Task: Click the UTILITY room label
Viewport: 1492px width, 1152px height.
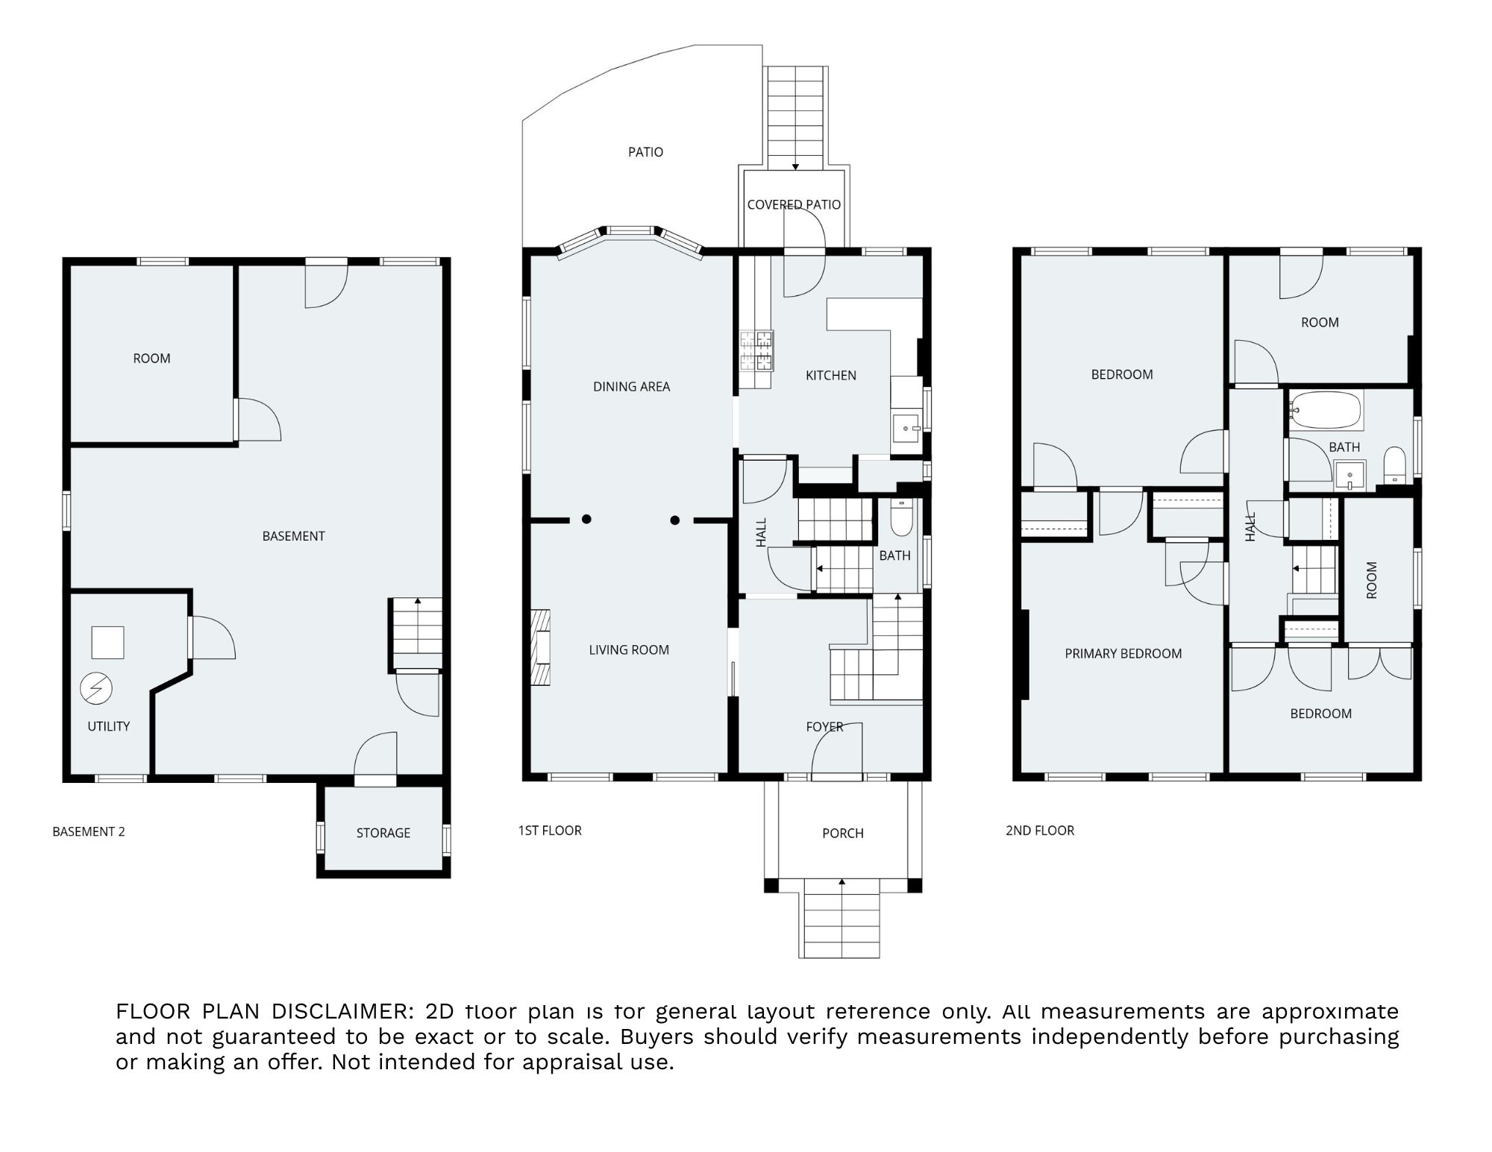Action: coord(109,726)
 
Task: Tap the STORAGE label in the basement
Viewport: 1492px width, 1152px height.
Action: coord(383,833)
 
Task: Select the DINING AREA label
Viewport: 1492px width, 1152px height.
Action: coord(632,386)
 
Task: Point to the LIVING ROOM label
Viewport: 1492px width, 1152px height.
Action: coord(629,649)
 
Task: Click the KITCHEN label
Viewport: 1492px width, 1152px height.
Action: coord(831,375)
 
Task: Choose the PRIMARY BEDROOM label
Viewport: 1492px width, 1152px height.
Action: coord(1123,654)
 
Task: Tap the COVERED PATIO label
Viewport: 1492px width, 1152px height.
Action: coord(794,204)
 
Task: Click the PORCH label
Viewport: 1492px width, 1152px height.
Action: coord(843,833)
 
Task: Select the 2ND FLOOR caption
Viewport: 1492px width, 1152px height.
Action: coord(1040,831)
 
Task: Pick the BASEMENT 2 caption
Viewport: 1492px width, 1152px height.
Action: coord(89,831)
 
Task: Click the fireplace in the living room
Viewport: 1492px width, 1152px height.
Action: coord(541,647)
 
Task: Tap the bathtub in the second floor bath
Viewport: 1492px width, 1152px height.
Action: coord(1327,411)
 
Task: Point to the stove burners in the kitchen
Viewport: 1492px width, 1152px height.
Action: coord(756,351)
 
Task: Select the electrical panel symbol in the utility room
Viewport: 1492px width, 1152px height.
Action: coord(97,688)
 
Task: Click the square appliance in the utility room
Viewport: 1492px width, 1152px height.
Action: coord(107,642)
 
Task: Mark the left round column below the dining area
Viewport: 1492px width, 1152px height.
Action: coord(587,519)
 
